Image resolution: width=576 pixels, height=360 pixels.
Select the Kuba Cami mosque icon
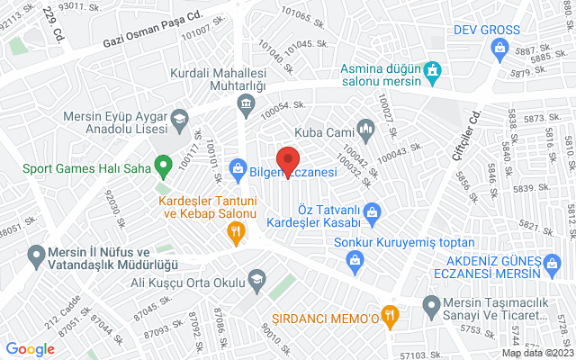(366, 130)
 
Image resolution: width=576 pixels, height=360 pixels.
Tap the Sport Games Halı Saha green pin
(163, 166)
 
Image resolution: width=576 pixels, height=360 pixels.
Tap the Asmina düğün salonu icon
(433, 68)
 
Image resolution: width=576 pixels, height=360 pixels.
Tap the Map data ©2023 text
(537, 353)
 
